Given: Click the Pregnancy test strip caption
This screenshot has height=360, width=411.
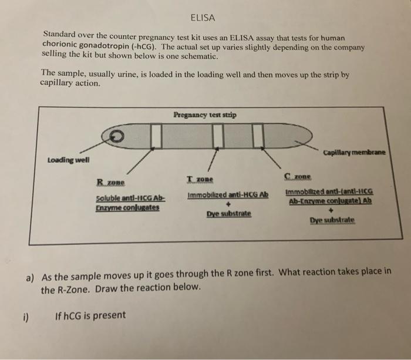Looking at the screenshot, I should point(206,115).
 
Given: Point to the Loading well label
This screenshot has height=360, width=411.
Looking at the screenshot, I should point(68,160).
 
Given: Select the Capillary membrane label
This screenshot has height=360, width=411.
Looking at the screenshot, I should point(353,153).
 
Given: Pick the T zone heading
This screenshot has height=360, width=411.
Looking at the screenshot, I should point(200,179).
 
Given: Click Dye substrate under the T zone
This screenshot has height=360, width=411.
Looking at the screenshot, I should point(228,214).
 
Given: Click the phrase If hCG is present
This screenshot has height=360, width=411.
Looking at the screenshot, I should point(90,315).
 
